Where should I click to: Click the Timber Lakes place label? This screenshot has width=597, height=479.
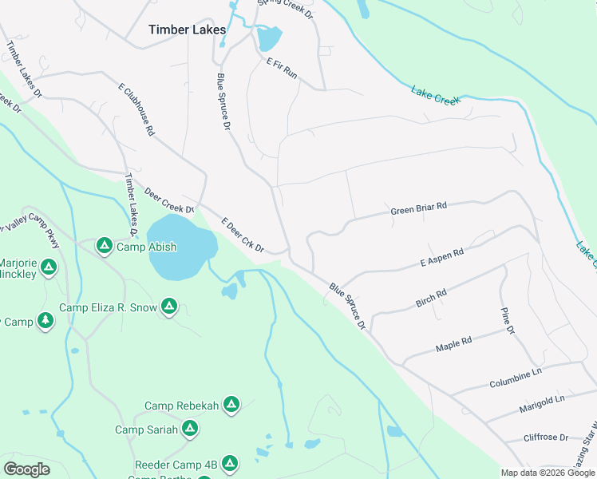click(188, 30)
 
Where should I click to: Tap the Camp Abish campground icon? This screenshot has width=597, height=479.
click(104, 246)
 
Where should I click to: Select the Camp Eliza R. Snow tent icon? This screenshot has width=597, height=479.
click(169, 306)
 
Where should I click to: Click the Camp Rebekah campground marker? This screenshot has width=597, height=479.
click(231, 405)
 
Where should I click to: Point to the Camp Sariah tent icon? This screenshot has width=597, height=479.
click(189, 429)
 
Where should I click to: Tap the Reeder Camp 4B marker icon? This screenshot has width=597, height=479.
click(230, 462)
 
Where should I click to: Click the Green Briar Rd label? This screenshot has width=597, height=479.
click(418, 208)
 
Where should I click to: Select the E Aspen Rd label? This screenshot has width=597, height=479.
click(441, 258)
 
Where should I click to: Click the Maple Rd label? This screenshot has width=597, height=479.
click(453, 344)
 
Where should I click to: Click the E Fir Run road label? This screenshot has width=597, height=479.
click(282, 68)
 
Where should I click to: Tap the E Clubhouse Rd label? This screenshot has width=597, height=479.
click(136, 109)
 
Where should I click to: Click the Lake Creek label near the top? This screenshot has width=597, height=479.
click(436, 94)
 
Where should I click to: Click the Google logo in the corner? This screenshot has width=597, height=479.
click(26, 469)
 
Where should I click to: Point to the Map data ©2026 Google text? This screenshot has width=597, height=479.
click(548, 473)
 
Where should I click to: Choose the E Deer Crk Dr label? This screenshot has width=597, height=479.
click(243, 236)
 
